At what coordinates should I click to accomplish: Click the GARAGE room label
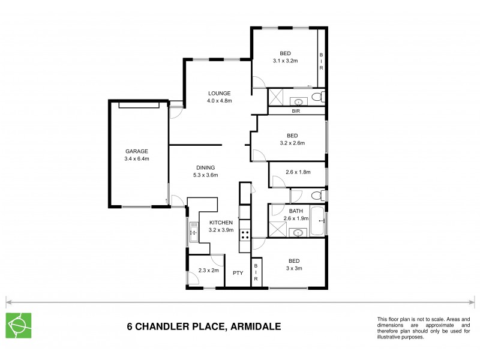pos(137,151)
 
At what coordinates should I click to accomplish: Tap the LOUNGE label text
pos(220,93)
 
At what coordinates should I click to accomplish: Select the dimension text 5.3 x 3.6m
pos(205,175)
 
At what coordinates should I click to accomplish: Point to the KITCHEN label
pos(221,223)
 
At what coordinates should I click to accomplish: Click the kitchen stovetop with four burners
pos(245,235)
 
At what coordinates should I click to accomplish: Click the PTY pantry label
pos(238,273)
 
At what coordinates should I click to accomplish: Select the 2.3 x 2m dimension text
pos(208,271)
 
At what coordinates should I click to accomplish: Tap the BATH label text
pos(296,211)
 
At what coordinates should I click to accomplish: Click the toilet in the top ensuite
pos(320,97)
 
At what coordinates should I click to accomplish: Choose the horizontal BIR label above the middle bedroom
pos(296,112)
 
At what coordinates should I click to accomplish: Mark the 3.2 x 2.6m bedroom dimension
pos(293,143)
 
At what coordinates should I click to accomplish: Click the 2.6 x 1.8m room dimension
pos(298,172)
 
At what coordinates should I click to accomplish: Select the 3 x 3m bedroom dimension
pos(294,269)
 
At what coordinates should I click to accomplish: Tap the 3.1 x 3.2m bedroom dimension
pos(286,61)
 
